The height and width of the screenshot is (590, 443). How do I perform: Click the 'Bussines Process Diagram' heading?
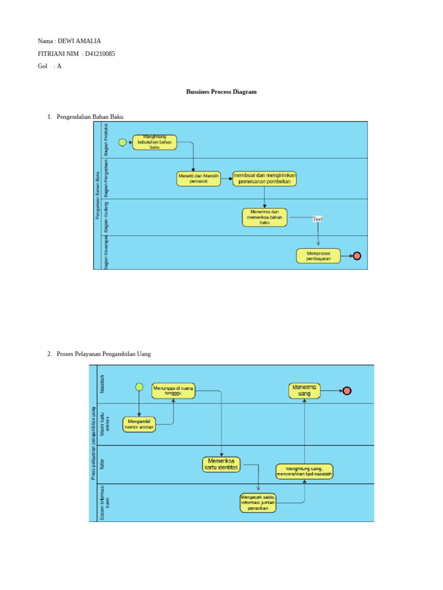coord(221,92)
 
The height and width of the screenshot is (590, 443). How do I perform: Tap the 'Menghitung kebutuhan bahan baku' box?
coord(155,142)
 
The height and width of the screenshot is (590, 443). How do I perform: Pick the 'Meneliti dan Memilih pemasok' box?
coord(198,179)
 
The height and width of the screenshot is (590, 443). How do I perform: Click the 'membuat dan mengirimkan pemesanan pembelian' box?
coord(264,179)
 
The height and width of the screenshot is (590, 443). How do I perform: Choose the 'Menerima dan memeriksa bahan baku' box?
coord(264,217)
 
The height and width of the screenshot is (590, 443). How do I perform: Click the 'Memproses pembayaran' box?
coord(318,256)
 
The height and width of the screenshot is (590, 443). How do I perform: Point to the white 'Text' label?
coord(318,219)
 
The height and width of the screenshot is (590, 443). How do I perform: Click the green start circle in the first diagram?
coord(122,142)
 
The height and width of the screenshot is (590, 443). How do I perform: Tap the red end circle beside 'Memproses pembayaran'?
coord(357,256)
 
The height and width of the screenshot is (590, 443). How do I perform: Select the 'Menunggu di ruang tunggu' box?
coord(174,391)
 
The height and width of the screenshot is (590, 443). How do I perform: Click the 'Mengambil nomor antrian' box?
coord(138,425)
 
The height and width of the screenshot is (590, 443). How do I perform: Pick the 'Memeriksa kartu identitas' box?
coord(221,464)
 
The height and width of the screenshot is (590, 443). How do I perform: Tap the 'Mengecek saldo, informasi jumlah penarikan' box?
coord(258,502)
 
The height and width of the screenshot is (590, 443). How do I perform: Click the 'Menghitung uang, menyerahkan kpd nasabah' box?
coord(304,471)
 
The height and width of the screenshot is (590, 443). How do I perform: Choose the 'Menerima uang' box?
coord(305,391)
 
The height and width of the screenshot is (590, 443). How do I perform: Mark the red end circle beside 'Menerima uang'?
coord(347,391)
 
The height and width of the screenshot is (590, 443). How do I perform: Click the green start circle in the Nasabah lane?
coord(139,387)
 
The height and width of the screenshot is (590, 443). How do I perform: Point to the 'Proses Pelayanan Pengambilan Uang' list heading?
coord(104,354)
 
